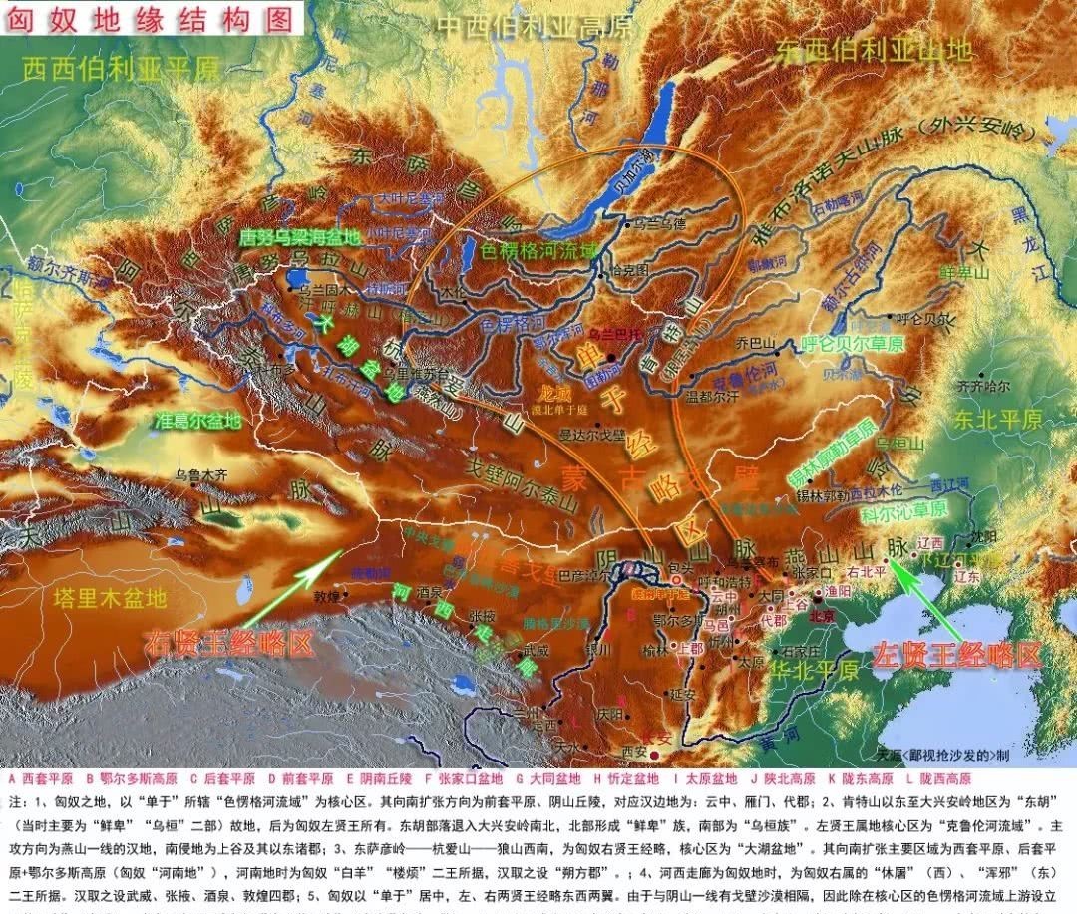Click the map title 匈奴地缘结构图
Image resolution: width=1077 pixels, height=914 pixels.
(x=150, y=19)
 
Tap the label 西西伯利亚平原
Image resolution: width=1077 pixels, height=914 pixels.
(x=121, y=69)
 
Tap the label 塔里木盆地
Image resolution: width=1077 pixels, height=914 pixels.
(x=111, y=597)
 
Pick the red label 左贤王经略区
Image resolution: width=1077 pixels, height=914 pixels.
(x=956, y=655)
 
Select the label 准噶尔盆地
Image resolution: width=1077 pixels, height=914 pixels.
(x=198, y=421)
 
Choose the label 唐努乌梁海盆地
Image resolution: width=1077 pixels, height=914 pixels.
(x=303, y=238)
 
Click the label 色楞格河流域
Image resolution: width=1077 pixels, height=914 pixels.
(x=540, y=251)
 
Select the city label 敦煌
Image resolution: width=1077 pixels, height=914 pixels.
(x=327, y=597)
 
